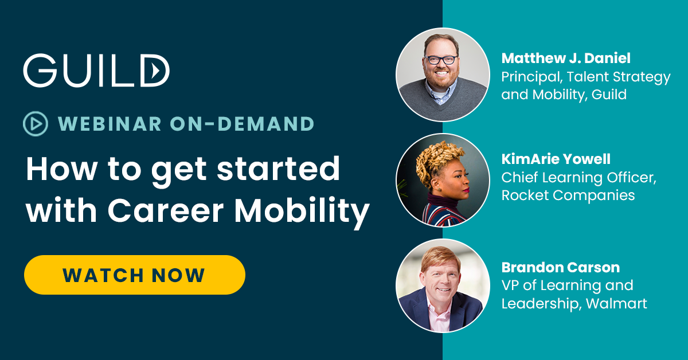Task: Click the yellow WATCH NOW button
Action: click(134, 275)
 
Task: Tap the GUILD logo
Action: click(96, 71)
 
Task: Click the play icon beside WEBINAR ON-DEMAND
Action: click(35, 123)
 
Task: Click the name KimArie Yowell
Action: click(557, 160)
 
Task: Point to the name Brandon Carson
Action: click(560, 267)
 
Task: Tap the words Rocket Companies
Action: click(568, 195)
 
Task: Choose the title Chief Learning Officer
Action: click(578, 178)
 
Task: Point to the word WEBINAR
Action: click(103, 123)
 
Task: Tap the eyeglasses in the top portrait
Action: click(442, 58)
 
